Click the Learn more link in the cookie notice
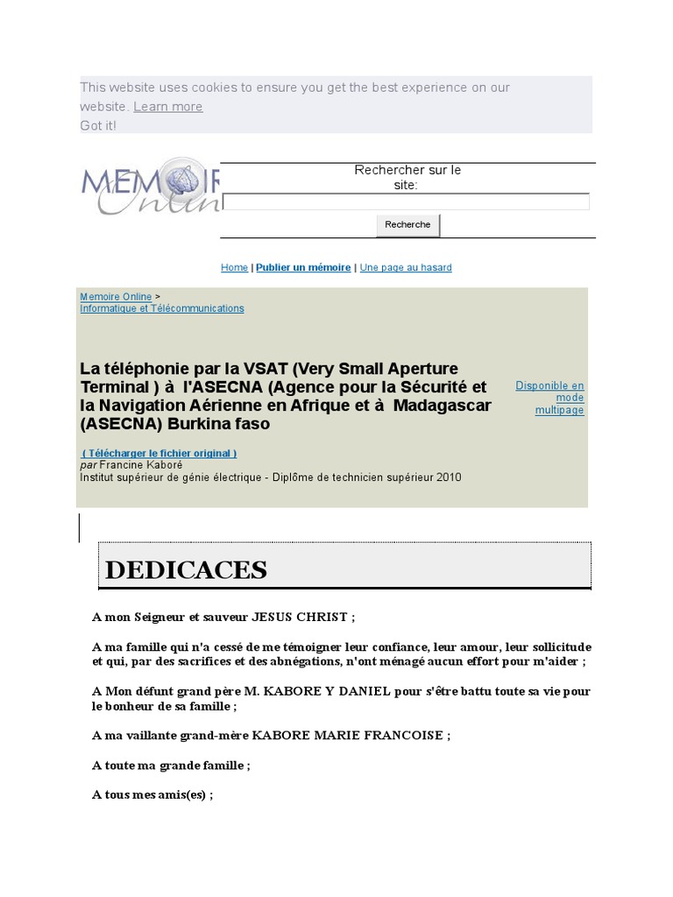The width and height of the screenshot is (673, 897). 167,107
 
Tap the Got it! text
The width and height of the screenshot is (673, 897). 98,126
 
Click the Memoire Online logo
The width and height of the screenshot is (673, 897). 150,186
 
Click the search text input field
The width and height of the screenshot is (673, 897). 406,202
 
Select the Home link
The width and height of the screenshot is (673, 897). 234,267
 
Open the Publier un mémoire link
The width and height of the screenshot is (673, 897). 303,267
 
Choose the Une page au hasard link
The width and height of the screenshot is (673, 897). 406,267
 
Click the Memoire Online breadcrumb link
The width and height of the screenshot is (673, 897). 116,297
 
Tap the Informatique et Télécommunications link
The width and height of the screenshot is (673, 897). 162,308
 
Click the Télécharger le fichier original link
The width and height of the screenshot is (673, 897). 159,453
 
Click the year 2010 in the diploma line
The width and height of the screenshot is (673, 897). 447,477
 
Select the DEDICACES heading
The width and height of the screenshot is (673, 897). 187,569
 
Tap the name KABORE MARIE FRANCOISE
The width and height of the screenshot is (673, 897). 347,736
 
